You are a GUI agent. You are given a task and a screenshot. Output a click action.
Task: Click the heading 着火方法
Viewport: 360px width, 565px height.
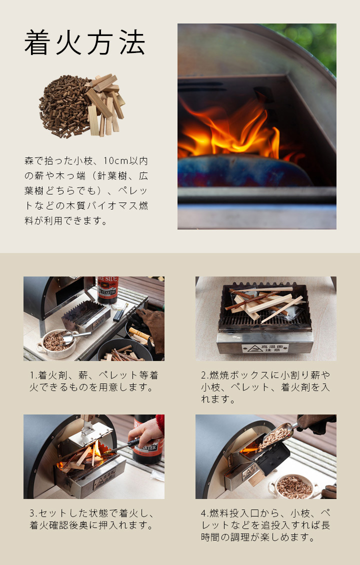point(85,42)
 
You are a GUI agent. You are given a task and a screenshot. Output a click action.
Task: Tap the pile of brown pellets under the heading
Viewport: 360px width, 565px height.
point(65,105)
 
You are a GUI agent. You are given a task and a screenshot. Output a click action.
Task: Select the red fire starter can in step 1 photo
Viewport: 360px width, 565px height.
point(107,289)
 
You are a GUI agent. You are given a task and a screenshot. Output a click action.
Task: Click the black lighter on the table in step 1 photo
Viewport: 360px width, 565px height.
point(120,313)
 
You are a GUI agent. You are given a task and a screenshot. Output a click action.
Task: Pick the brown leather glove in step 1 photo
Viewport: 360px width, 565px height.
point(151,326)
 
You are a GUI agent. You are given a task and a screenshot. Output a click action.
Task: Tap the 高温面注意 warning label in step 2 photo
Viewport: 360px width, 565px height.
point(265,348)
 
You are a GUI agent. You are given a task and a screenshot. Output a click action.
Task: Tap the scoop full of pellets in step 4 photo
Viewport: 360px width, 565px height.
point(275,436)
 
